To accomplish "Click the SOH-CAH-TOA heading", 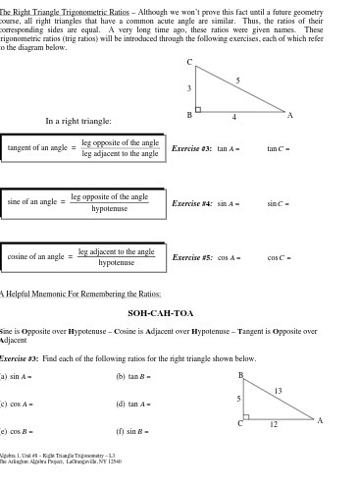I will tap(161, 313).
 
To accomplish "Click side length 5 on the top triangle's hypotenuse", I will tap(237, 80).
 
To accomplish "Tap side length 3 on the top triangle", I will tap(189, 88).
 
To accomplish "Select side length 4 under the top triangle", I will tap(233, 118).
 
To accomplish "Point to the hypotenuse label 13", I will tap(278, 391).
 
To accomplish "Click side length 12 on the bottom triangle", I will tap(274, 424).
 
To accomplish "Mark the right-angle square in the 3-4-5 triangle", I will tap(198, 109).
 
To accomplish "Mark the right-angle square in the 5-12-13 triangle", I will tap(246, 416).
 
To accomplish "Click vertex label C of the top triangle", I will tap(189, 62).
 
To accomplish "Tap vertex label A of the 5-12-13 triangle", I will tap(320, 420).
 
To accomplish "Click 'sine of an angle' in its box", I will tap(31, 202).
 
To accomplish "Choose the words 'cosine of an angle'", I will tap(35, 257).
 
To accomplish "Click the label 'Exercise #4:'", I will tap(191, 203).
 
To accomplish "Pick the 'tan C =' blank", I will tap(279, 149).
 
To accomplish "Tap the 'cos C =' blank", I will tap(279, 258).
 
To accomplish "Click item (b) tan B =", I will tap(133, 376).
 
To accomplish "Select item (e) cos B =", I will tap(18, 431).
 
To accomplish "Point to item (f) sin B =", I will tap(132, 431).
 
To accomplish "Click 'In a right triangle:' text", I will tap(78, 121).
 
